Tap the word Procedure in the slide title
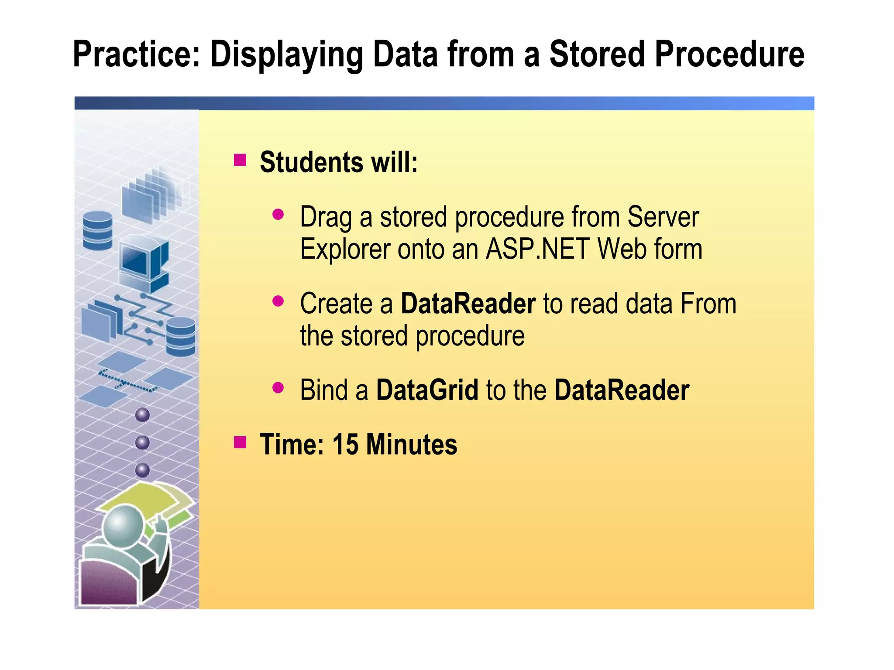click(729, 54)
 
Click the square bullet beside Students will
click(240, 160)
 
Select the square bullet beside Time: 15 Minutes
click(240, 442)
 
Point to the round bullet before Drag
click(278, 214)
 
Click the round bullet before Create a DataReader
click(278, 301)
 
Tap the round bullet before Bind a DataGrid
click(278, 387)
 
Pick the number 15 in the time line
click(345, 444)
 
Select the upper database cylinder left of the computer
click(98, 230)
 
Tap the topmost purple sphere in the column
click(142, 415)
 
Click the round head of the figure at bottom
click(123, 526)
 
